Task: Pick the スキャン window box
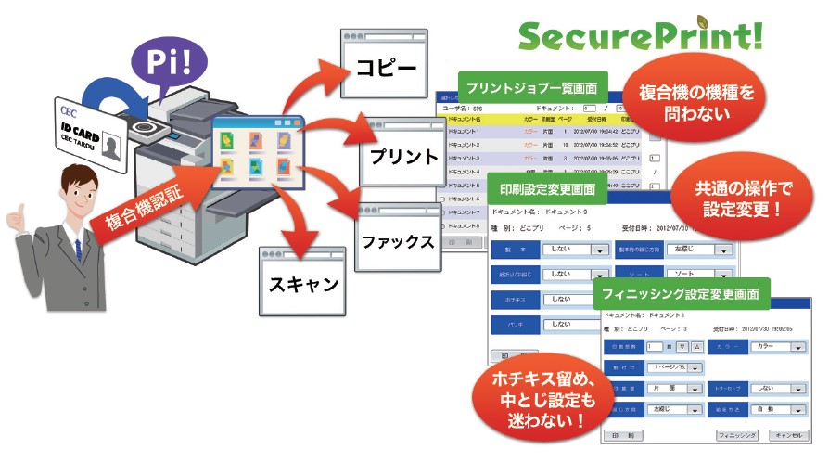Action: [303, 282]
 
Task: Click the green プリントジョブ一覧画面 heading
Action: [532, 89]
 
